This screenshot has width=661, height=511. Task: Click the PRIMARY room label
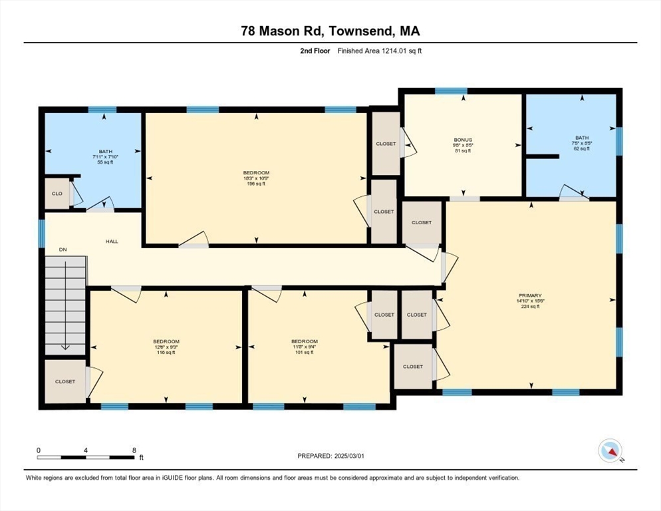[x=530, y=295]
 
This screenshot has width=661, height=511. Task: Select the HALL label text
[x=112, y=241]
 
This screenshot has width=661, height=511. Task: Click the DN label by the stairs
[x=63, y=250]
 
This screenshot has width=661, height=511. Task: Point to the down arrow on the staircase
[x=65, y=346]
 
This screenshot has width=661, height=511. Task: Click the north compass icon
[x=610, y=450]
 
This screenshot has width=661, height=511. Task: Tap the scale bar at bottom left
[x=86, y=457]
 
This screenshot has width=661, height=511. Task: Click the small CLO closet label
[x=57, y=194]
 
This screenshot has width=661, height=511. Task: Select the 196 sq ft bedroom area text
[x=256, y=184]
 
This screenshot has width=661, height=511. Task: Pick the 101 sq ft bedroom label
[x=304, y=352]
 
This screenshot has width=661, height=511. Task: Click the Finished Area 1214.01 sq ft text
[x=380, y=51]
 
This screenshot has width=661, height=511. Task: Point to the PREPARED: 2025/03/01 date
[x=330, y=456]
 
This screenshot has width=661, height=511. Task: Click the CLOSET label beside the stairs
[x=65, y=381]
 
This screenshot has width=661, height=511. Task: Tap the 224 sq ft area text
[x=530, y=306]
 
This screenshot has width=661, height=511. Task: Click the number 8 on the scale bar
[x=134, y=450]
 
